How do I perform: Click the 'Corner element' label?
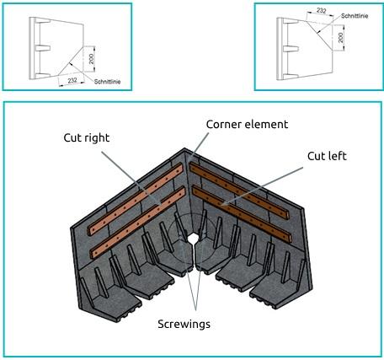tap(247, 124)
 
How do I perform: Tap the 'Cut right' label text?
tap(87, 137)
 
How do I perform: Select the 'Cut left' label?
tap(327, 156)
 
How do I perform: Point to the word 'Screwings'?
tap(184, 324)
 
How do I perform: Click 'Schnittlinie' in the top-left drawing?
tap(107, 82)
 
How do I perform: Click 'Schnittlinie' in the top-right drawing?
tap(355, 16)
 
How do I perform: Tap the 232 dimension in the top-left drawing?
tap(72, 80)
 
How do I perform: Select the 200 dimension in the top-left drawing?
tap(92, 59)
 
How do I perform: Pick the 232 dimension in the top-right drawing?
tap(321, 11)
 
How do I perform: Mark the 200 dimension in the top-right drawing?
tap(340, 38)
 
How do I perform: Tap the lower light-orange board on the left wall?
tap(137, 223)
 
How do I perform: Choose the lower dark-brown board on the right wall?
tap(242, 214)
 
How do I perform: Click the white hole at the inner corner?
tap(193, 239)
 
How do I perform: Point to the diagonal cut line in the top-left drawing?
tap(71, 62)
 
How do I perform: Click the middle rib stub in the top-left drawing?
tap(45, 48)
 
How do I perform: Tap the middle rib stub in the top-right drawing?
tap(291, 49)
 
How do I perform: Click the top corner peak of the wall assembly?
tap(184, 148)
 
